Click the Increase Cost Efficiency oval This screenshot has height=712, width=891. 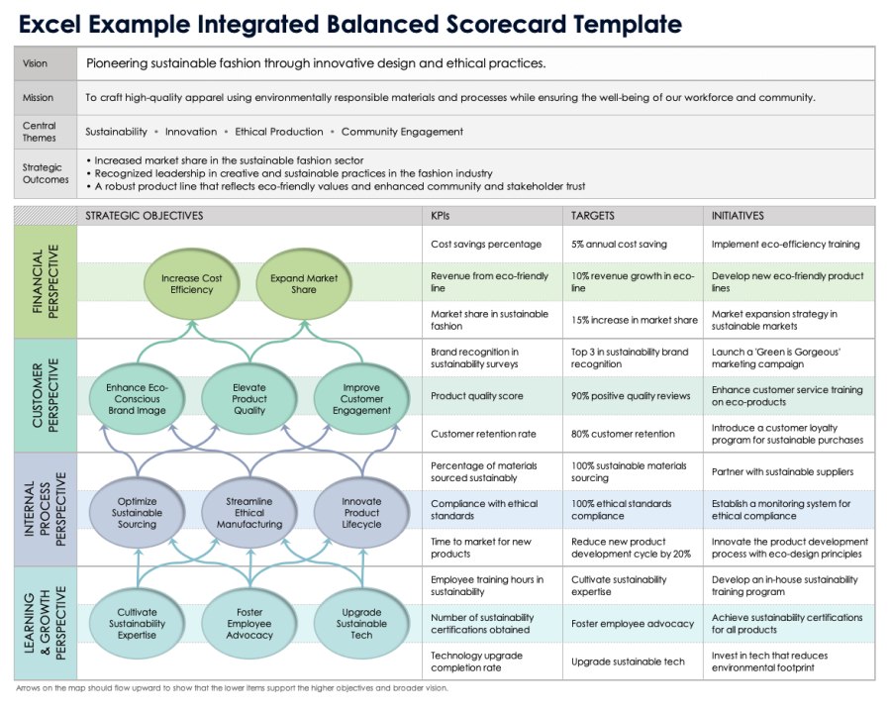[x=191, y=284]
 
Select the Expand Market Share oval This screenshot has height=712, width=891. [x=304, y=284]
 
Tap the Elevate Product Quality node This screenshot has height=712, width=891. [x=248, y=399]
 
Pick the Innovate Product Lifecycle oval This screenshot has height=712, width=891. [x=361, y=512]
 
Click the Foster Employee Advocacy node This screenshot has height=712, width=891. [x=248, y=624]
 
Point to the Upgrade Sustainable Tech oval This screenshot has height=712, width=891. [x=361, y=624]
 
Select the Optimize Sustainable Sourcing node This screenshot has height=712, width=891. [x=137, y=512]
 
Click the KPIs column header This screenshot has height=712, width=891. [x=441, y=216]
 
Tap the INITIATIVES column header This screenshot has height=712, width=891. [x=738, y=216]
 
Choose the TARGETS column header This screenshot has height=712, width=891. [x=593, y=216]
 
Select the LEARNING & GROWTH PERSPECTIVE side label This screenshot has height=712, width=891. [x=46, y=623]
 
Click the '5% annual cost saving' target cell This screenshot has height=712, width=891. [x=619, y=245]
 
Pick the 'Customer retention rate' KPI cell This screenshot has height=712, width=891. [x=483, y=434]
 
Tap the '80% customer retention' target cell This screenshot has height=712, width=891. [x=623, y=434]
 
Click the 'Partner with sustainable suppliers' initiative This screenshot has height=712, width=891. [x=782, y=471]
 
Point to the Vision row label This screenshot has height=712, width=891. [x=35, y=64]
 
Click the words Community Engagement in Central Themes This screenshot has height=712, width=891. [x=402, y=132]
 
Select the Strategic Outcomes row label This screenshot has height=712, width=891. [x=46, y=173]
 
